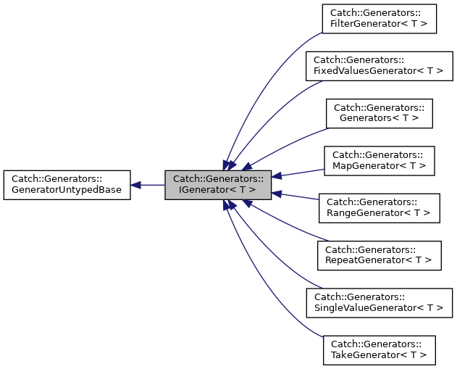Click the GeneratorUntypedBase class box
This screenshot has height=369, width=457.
pos(67,185)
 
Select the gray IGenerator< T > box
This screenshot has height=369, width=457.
pos(218,185)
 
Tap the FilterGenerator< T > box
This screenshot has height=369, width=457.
pos(379,18)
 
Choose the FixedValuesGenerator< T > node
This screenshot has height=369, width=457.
pos(379,66)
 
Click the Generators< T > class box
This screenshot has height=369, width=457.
pos(379,114)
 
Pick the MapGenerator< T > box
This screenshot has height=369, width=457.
pos(379,161)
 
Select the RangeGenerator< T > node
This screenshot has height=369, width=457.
pos(379,208)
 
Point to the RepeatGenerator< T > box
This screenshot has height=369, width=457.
pos(379,255)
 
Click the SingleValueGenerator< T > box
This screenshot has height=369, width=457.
pos(379,302)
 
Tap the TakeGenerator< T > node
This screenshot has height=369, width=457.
pos(379,349)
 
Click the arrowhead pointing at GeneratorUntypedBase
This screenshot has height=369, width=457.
pos(136,185)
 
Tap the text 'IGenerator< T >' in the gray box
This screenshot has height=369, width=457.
pos(218,191)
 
